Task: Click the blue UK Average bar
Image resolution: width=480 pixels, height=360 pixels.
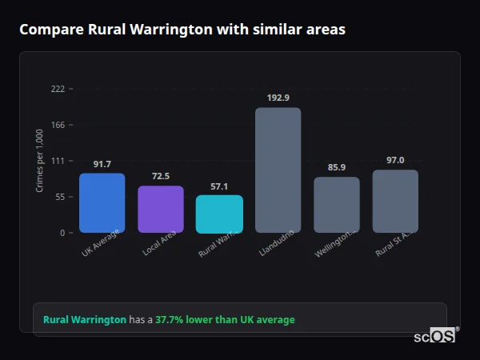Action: pyautogui.click(x=102, y=203)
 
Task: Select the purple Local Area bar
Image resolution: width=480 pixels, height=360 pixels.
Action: pyautogui.click(x=161, y=210)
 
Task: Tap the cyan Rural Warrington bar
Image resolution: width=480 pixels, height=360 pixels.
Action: pyautogui.click(x=219, y=214)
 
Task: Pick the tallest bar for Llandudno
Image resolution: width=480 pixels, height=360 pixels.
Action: pyautogui.click(x=278, y=170)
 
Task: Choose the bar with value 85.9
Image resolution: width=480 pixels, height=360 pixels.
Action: pyautogui.click(x=336, y=205)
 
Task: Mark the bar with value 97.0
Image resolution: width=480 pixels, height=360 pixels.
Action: pyautogui.click(x=395, y=202)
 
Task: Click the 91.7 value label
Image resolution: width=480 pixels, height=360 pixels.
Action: pyautogui.click(x=102, y=164)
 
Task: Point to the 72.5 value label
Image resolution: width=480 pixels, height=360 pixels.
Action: pyautogui.click(x=161, y=176)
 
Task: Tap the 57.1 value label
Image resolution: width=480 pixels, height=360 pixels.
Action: pyautogui.click(x=219, y=186)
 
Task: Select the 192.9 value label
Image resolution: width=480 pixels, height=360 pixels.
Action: pyautogui.click(x=278, y=98)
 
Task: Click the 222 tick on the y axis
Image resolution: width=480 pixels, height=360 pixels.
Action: pyautogui.click(x=58, y=89)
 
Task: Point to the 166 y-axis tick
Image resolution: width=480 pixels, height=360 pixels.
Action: pyautogui.click(x=58, y=125)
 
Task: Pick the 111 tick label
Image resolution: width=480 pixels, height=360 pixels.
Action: pyautogui.click(x=58, y=161)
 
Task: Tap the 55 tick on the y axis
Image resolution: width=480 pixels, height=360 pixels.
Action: pyautogui.click(x=59, y=197)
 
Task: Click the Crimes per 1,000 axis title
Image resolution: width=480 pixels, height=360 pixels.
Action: pyautogui.click(x=40, y=161)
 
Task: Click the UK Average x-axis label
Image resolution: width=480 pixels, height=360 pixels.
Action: pyautogui.click(x=100, y=244)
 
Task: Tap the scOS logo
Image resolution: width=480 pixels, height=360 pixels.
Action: pyautogui.click(x=434, y=336)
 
